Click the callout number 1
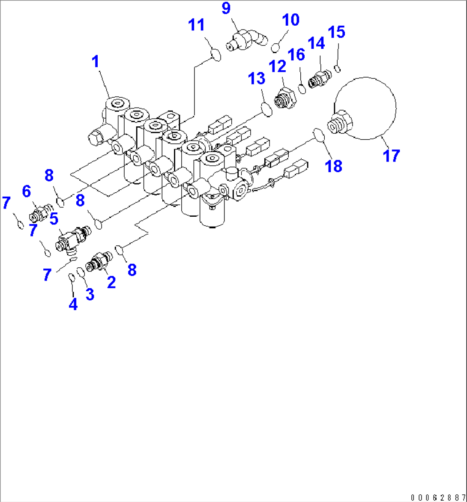[x=96, y=62]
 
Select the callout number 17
[x=391, y=155]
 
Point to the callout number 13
[x=257, y=79]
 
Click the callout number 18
[x=334, y=166]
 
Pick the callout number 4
[x=73, y=305]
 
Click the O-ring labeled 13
[x=267, y=109]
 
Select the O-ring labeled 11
[x=216, y=55]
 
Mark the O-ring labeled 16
[x=302, y=89]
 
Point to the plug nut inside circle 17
[x=340, y=123]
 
